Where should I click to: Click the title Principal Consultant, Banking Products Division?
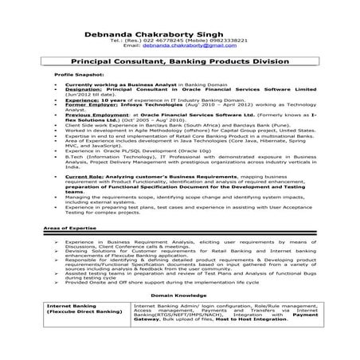tap(179, 60)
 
